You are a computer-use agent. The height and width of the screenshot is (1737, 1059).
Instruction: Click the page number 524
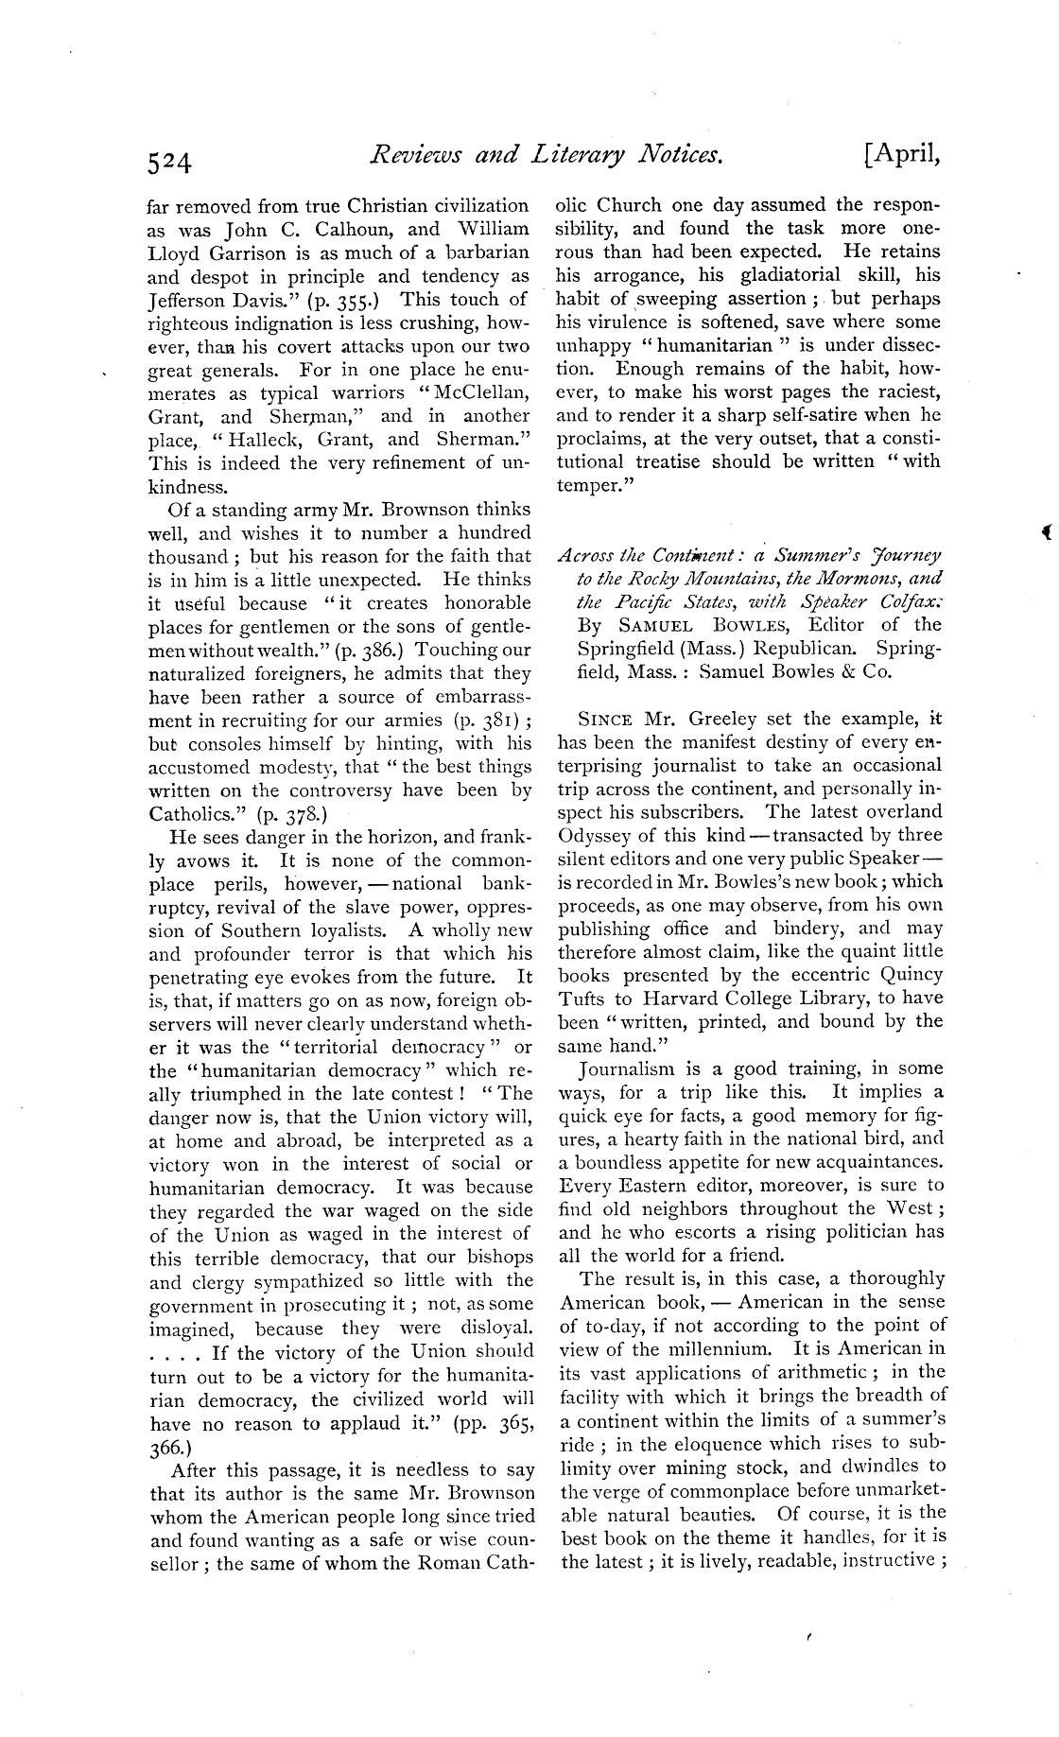[171, 164]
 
